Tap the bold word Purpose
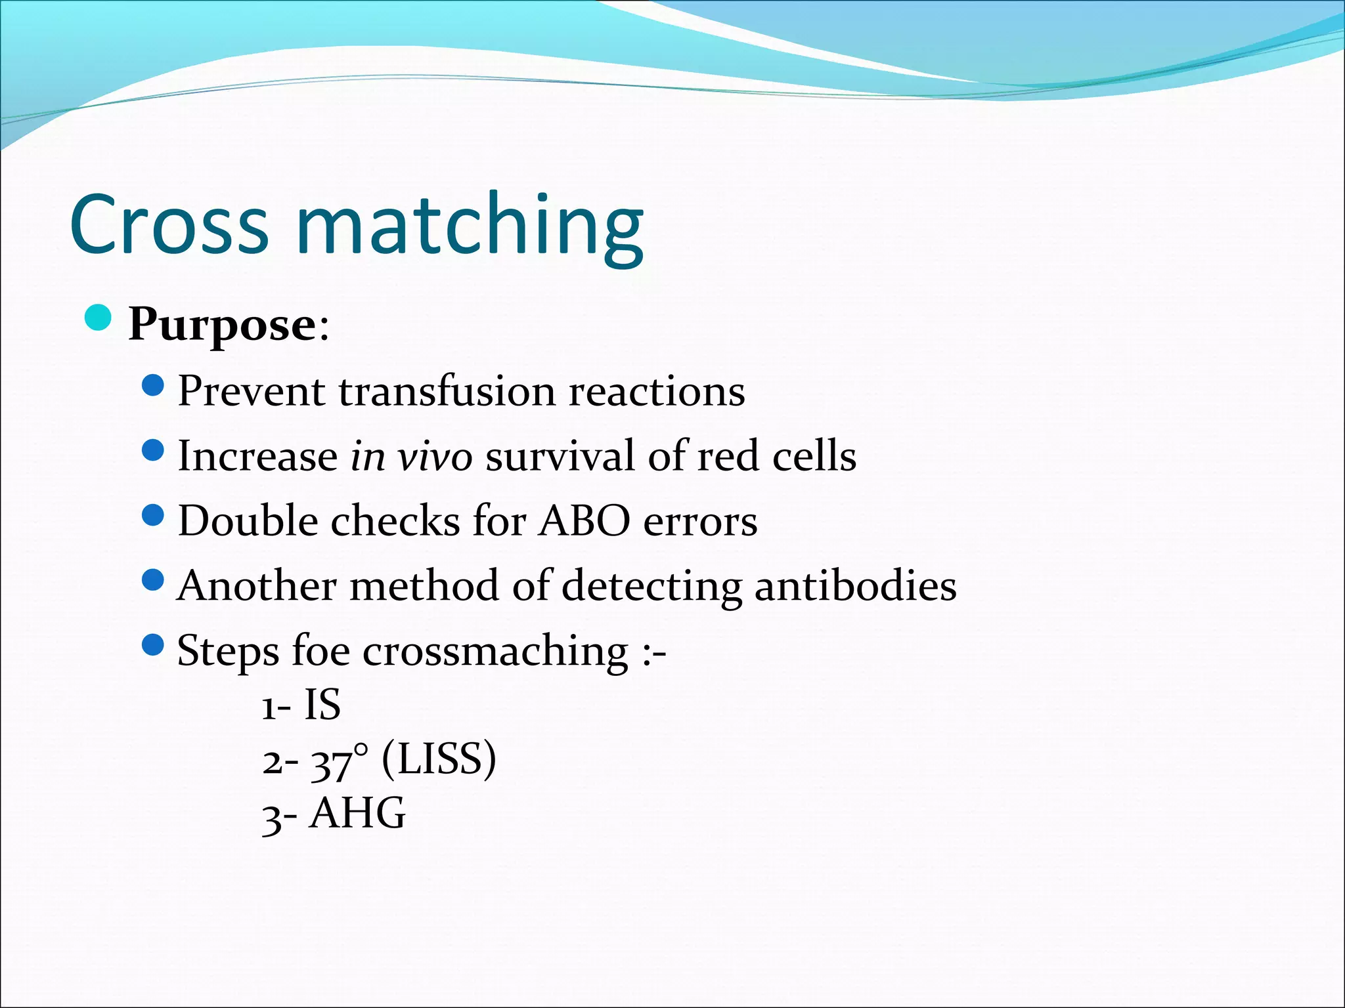click(x=223, y=325)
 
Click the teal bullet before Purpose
click(x=99, y=318)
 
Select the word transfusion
click(x=447, y=392)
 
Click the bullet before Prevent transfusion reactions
click(x=152, y=386)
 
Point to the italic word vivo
click(x=435, y=456)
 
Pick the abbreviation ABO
click(x=584, y=521)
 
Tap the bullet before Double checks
click(x=152, y=515)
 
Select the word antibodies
click(x=855, y=585)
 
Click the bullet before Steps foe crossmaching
click(x=152, y=644)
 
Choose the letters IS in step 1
click(x=322, y=705)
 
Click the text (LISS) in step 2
click(x=439, y=760)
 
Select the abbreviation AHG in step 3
click(x=358, y=814)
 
